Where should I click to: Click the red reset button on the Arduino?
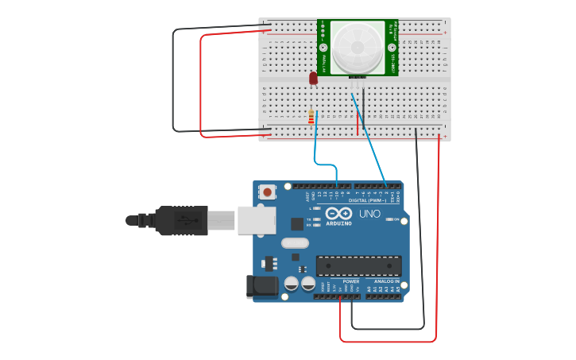(268, 192)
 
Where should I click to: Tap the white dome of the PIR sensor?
(357, 48)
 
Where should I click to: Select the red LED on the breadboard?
(313, 78)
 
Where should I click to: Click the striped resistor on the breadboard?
(311, 118)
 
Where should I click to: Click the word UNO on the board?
(371, 214)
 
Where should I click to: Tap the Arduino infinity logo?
(338, 214)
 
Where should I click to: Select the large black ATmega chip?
(358, 266)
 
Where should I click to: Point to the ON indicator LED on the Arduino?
(389, 219)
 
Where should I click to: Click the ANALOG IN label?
(387, 281)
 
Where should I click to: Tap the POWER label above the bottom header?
(350, 281)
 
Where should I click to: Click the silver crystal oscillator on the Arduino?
(294, 243)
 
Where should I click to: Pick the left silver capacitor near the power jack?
(292, 283)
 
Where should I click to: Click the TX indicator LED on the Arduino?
(317, 219)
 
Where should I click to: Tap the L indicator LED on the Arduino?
(317, 208)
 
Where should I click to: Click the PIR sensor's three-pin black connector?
(357, 76)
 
